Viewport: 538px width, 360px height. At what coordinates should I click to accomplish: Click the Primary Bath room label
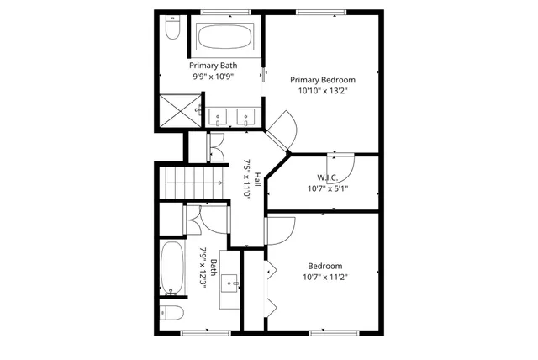click(x=213, y=66)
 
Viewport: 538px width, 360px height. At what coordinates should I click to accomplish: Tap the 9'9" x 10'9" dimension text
click(x=213, y=77)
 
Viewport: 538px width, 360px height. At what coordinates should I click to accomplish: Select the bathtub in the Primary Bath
click(x=224, y=36)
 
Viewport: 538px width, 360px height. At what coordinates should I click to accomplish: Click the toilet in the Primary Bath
click(x=172, y=29)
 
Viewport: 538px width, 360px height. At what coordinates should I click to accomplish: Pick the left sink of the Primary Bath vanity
click(x=219, y=117)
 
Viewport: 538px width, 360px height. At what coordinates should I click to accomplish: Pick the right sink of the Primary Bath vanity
click(x=247, y=117)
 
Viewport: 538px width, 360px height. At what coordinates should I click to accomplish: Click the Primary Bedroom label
click(x=322, y=80)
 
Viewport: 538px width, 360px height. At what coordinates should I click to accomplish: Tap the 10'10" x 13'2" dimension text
click(x=322, y=91)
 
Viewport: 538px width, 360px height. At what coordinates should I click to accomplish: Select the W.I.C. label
click(x=328, y=177)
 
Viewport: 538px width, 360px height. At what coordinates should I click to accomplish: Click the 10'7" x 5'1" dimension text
click(x=328, y=188)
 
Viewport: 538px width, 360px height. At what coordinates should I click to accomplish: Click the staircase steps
click(x=192, y=182)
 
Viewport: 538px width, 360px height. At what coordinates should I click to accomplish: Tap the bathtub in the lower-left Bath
click(x=172, y=269)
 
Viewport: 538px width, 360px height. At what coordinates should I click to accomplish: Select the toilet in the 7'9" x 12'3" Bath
click(x=173, y=314)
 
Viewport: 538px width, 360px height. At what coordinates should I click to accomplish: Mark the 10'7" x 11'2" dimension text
click(x=324, y=275)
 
